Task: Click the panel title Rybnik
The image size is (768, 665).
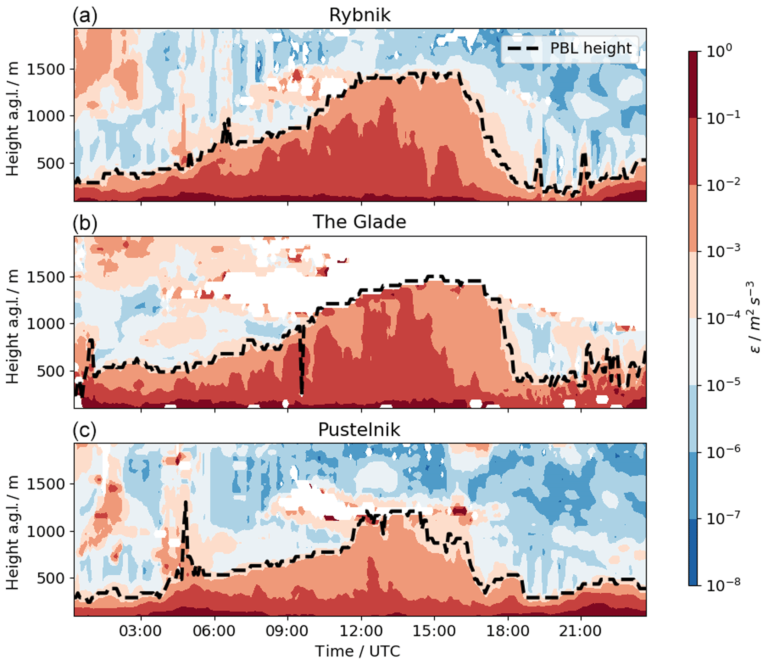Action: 360,16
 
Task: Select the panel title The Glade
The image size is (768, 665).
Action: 360,222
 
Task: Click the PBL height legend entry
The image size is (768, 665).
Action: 570,48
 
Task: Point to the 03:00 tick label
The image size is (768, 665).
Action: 140,631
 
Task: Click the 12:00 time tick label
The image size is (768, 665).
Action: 361,631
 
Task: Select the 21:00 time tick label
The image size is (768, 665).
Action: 581,631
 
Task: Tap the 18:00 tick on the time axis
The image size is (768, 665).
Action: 508,631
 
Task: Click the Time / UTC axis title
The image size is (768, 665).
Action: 358,651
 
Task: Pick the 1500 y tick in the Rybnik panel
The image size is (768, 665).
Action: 46,70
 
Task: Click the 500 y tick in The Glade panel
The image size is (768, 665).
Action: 51,371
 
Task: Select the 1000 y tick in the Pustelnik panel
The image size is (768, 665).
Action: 46,532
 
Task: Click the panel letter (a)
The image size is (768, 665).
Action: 85,16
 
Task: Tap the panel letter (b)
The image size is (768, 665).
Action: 85,223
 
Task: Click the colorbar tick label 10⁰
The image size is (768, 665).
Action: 719,51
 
